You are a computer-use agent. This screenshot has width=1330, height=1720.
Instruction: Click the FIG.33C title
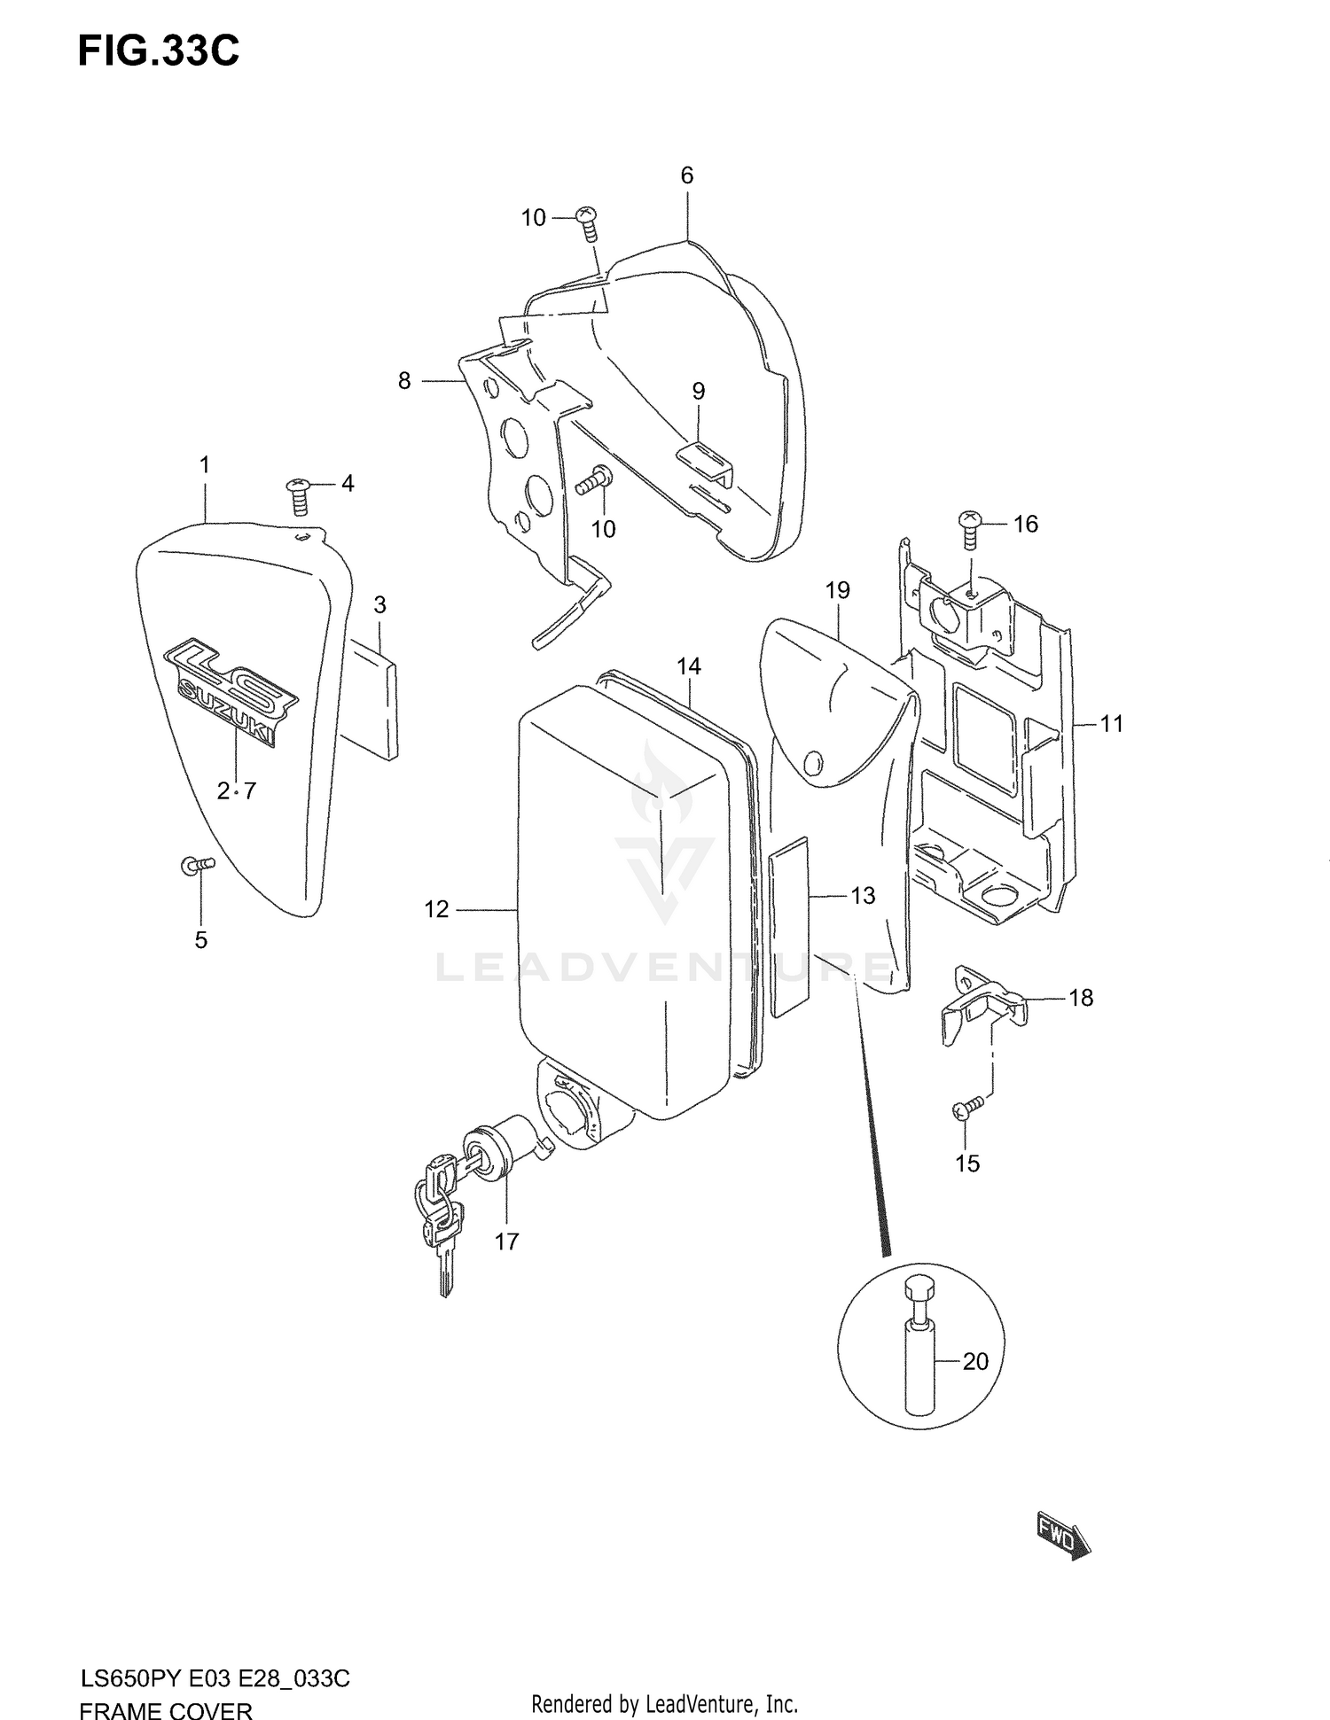(158, 51)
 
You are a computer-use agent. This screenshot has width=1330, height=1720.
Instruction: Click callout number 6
(687, 175)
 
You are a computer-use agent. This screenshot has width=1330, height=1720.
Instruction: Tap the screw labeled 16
(970, 530)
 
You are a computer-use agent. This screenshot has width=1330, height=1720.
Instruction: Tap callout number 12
(436, 909)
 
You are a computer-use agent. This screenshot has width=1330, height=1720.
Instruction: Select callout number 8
(404, 381)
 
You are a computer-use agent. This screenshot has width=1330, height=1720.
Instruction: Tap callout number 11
(1112, 724)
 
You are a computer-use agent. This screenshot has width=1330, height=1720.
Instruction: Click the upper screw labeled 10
(587, 222)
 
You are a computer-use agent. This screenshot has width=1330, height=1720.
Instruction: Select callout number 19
(837, 590)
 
